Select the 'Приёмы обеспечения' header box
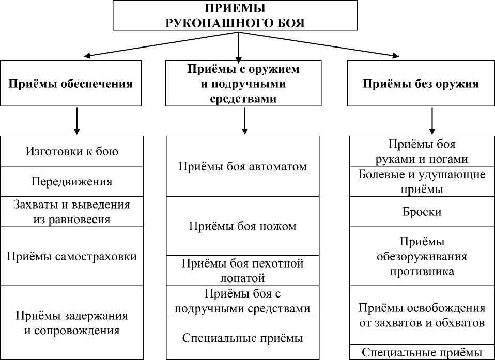(x=71, y=84)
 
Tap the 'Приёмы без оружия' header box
(x=421, y=84)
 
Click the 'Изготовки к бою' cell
(x=71, y=151)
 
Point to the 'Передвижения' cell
(x=71, y=181)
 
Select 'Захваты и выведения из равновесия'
(x=71, y=211)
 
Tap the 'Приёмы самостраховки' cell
(x=71, y=256)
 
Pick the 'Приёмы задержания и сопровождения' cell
(x=71, y=322)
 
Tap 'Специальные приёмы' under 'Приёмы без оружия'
(x=422, y=352)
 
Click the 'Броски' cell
(x=422, y=212)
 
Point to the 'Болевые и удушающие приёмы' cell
(x=422, y=181)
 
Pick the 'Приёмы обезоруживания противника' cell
(x=422, y=256)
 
